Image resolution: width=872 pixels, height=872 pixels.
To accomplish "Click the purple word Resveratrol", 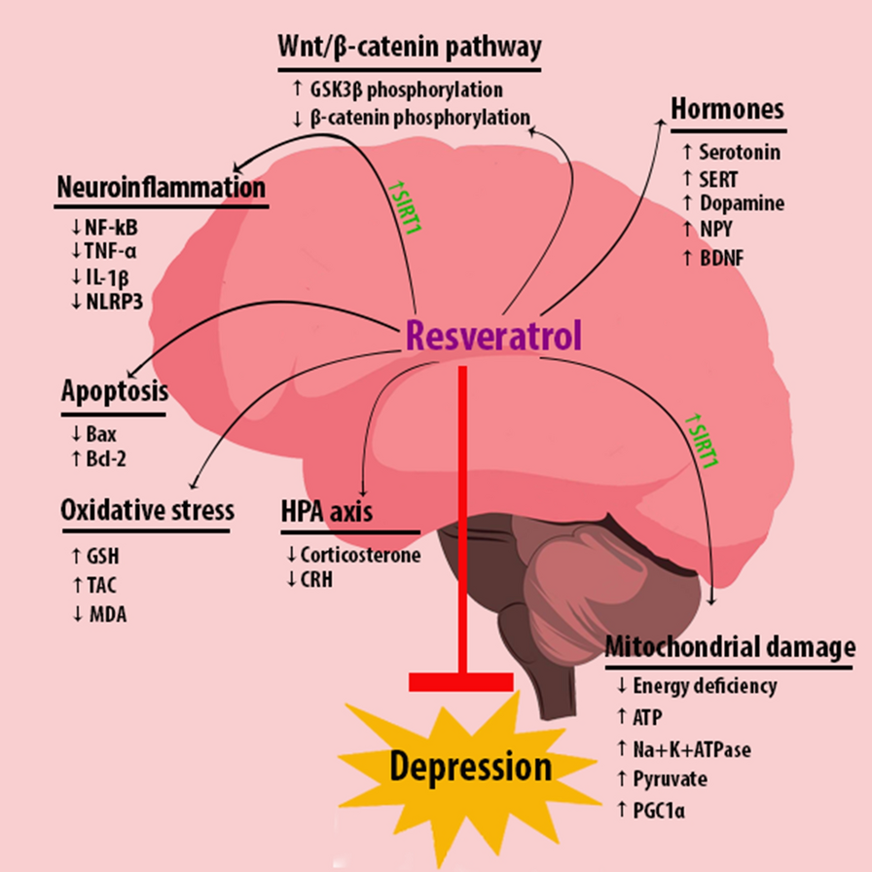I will click(494, 335).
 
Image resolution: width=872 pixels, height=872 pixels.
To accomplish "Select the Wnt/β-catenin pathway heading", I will click(408, 47).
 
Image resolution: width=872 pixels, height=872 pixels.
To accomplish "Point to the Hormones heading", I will click(727, 110).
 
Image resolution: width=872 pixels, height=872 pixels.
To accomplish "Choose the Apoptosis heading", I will click(113, 392).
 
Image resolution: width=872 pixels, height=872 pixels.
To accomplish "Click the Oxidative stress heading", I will click(147, 510).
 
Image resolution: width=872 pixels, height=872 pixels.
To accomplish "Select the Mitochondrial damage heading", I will click(730, 647).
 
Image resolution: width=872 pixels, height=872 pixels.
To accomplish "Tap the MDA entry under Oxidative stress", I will click(100, 614).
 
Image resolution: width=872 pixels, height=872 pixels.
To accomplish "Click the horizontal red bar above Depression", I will click(460, 681).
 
